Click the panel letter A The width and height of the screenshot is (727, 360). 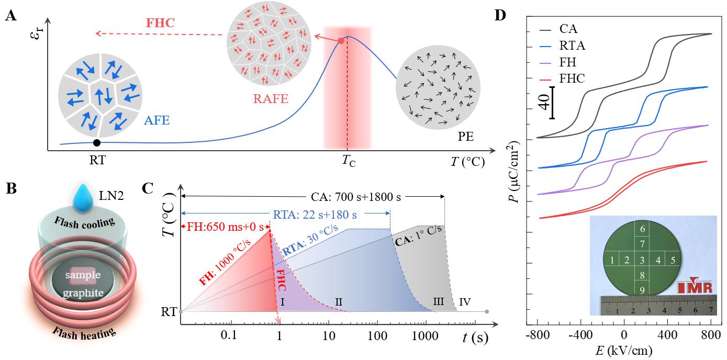point(9,16)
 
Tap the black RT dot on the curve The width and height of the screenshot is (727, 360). point(96,143)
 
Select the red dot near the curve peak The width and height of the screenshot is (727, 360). point(341,41)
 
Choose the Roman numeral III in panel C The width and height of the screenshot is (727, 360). point(439,302)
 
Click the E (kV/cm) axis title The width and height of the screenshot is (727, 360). point(622,349)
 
